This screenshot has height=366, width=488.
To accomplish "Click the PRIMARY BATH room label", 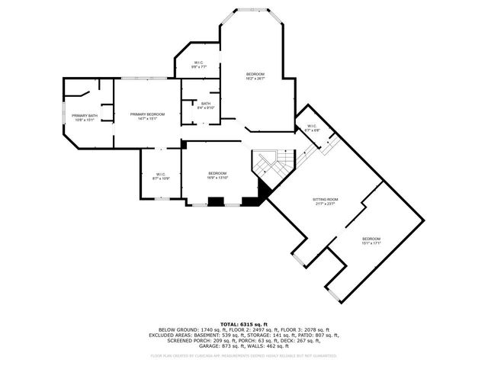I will click(85, 117).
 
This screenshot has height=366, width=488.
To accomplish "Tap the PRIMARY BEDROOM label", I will click(147, 116).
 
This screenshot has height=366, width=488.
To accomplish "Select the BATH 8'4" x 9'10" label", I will click(206, 105).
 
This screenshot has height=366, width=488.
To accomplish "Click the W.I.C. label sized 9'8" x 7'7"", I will click(198, 65).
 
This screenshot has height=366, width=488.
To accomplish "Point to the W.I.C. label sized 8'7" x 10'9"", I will click(161, 176).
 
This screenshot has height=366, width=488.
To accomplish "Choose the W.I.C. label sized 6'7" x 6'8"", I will click(312, 128).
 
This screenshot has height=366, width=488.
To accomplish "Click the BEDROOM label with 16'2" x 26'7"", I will click(255, 75).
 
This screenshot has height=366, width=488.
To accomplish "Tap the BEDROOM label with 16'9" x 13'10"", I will click(218, 175).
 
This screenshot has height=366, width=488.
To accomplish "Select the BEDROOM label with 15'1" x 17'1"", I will click(371, 241).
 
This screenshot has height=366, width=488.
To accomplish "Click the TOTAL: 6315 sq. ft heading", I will click(243, 323).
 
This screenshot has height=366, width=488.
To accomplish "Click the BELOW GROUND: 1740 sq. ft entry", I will click(184, 329).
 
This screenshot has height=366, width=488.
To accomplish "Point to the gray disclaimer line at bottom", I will click(243, 355).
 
